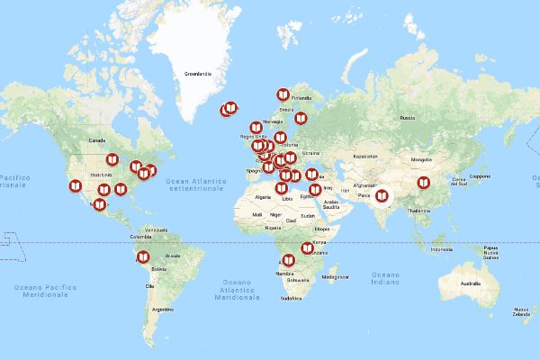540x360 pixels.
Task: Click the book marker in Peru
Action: (140, 256)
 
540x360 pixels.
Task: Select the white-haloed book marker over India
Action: (382, 194)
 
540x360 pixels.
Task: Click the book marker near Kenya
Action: (307, 247)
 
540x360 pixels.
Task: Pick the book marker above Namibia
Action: (288, 260)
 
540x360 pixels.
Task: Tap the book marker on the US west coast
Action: (75, 187)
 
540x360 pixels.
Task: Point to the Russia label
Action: (408, 118)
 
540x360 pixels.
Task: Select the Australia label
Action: (470, 283)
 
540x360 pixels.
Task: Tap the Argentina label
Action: (162, 309)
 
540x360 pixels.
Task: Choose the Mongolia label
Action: (422, 159)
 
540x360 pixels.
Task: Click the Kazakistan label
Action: (364, 156)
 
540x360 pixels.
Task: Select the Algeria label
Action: (264, 196)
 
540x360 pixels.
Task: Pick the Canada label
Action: (97, 141)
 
